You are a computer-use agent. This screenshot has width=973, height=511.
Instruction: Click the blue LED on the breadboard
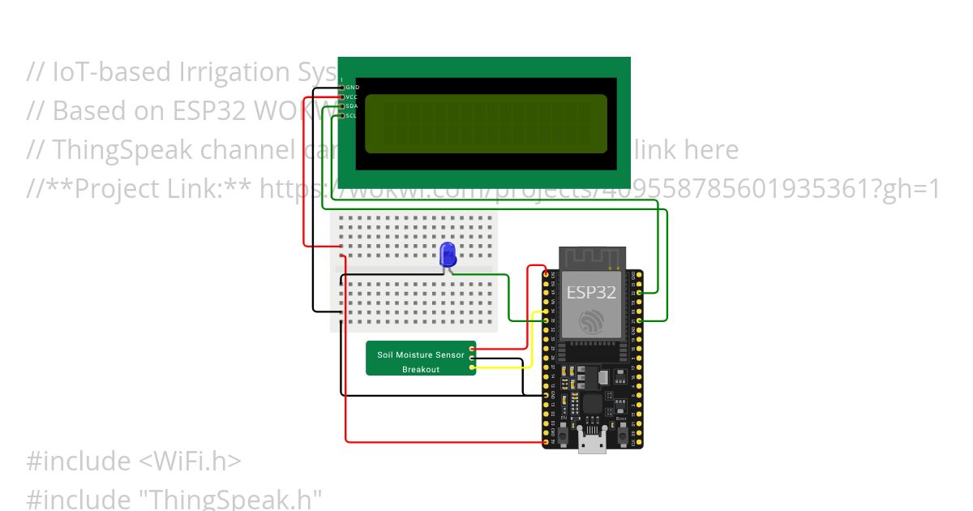tap(448, 255)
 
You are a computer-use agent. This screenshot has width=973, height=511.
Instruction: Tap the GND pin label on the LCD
tap(353, 87)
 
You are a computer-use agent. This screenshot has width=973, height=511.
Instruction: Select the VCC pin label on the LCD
tap(352, 97)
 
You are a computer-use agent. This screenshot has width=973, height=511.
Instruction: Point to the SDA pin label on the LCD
tap(352, 106)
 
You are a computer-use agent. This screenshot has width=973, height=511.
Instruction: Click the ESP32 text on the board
tap(591, 292)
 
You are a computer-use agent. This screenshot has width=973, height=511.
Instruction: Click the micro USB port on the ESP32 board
tap(592, 442)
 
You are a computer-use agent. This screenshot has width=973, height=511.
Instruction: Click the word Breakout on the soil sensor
tap(421, 370)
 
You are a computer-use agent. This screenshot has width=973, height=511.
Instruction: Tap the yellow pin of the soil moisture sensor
tap(472, 367)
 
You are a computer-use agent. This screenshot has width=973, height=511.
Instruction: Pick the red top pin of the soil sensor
tap(472, 349)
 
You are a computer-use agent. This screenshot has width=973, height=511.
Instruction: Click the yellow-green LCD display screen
tap(486, 124)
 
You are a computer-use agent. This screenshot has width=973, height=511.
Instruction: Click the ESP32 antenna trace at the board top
tap(592, 257)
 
